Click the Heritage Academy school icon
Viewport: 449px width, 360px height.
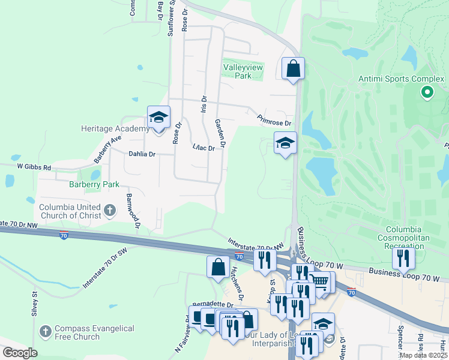(x=159, y=118)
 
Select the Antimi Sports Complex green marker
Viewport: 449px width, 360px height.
(x=427, y=92)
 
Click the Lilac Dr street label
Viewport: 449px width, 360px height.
(x=204, y=148)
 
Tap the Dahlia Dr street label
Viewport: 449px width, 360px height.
(x=142, y=154)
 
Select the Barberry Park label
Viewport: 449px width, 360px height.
(x=94, y=184)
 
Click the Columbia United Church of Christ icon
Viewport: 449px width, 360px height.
(x=109, y=210)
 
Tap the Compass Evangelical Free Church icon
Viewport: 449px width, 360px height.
(x=46, y=331)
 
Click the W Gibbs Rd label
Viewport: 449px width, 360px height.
(x=34, y=166)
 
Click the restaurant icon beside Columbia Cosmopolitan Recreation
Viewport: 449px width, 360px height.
(x=403, y=258)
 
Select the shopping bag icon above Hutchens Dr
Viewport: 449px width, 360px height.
(x=217, y=267)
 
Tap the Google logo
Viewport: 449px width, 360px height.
(x=20, y=353)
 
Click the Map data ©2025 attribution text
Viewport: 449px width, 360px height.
(x=423, y=355)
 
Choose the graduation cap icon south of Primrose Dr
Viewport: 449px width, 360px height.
(x=285, y=143)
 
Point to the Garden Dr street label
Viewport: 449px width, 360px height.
(x=220, y=132)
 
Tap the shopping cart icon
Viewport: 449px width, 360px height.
(x=321, y=280)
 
